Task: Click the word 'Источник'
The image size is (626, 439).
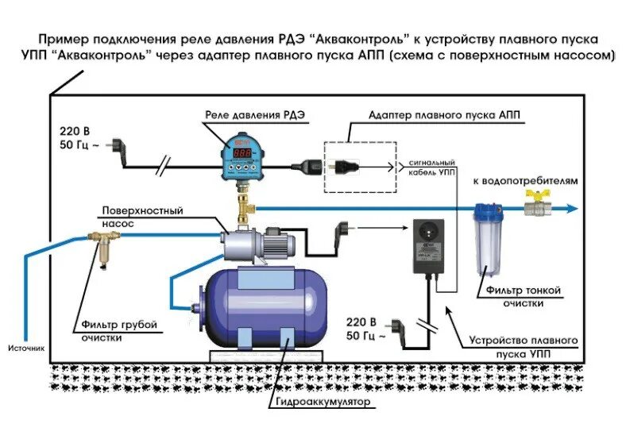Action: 26,348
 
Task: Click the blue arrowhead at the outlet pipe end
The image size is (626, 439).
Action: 571,209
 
